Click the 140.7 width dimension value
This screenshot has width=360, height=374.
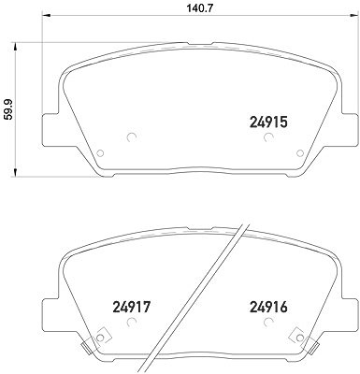coord(195,8)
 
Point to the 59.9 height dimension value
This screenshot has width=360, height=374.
coord(8,109)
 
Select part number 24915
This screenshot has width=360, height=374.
coord(268,122)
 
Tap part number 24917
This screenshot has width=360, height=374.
coord(131,308)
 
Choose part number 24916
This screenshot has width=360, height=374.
coord(268,308)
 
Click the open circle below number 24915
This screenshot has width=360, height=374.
coord(268,137)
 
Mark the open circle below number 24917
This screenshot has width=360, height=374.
coord(132,322)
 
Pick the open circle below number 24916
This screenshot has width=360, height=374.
coord(268,322)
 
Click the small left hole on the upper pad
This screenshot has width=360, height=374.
coord(100,153)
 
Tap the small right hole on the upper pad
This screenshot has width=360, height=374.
coord(300,153)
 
